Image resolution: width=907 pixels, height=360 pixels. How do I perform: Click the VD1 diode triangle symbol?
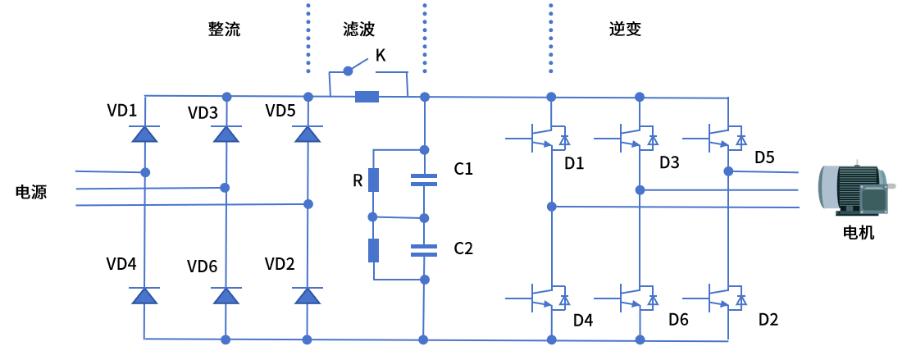(x=144, y=134)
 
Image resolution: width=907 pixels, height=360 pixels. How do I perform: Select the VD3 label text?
(x=203, y=112)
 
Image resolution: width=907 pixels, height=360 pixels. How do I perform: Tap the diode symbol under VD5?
(x=308, y=134)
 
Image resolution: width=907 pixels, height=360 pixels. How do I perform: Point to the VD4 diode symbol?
(x=144, y=295)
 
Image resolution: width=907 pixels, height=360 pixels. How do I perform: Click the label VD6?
(x=202, y=267)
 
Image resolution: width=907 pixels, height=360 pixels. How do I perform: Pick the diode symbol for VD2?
(x=308, y=295)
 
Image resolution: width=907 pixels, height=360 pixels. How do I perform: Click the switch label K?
(x=381, y=56)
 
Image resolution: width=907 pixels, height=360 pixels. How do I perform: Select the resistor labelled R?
(x=374, y=180)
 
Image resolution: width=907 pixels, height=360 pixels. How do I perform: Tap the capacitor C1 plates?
(x=424, y=180)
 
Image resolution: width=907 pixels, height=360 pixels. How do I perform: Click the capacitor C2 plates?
(x=424, y=249)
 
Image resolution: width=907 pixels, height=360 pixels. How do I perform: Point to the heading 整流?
(x=224, y=30)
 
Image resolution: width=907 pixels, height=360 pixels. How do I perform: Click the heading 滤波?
(x=358, y=30)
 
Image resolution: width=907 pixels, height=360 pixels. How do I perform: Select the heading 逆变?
(x=625, y=30)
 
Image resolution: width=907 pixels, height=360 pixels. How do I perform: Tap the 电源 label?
(x=31, y=193)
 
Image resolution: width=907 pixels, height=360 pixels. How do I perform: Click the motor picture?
(x=853, y=189)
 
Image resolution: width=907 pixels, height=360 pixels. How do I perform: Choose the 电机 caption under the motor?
(x=859, y=232)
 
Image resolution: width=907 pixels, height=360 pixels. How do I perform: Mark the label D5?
(x=764, y=157)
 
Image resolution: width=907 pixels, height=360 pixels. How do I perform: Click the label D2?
(x=768, y=320)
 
